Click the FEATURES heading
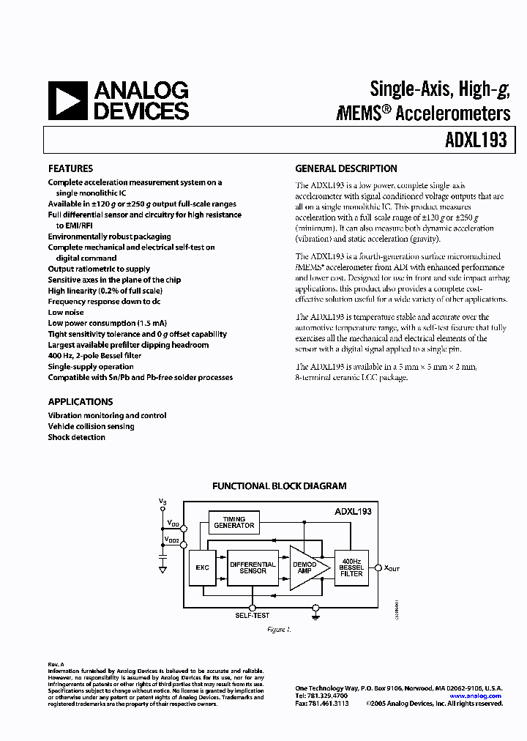(x=70, y=168)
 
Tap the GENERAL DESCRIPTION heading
(x=345, y=168)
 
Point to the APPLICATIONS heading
(x=81, y=402)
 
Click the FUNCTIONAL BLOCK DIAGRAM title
(x=279, y=485)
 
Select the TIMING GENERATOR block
(x=233, y=522)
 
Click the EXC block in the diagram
(x=202, y=567)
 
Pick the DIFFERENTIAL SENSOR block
(x=253, y=567)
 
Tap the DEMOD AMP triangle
(x=304, y=567)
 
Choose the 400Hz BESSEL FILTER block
(x=351, y=567)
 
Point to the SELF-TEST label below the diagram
(x=252, y=616)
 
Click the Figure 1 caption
(x=278, y=629)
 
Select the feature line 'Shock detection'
(x=77, y=437)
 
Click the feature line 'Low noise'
(x=66, y=313)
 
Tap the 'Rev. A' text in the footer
(x=56, y=664)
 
